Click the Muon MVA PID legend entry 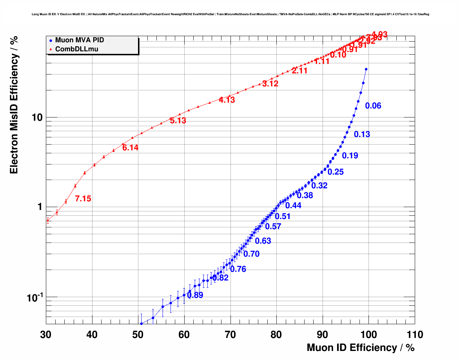point(79,40)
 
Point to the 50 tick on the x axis point(138,335)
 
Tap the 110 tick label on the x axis point(414,335)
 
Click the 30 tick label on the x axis point(46,335)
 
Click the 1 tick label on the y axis point(40,207)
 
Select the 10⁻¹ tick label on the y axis point(35,297)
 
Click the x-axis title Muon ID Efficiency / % point(361,348)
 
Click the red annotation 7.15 point(83,198)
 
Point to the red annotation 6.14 point(130,147)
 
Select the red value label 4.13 point(227,100)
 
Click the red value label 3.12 point(270,83)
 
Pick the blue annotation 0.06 point(373,106)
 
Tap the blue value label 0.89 point(195,295)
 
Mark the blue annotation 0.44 point(293,205)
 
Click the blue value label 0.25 point(336,172)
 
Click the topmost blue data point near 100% point(366,69)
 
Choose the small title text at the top point(230,14)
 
